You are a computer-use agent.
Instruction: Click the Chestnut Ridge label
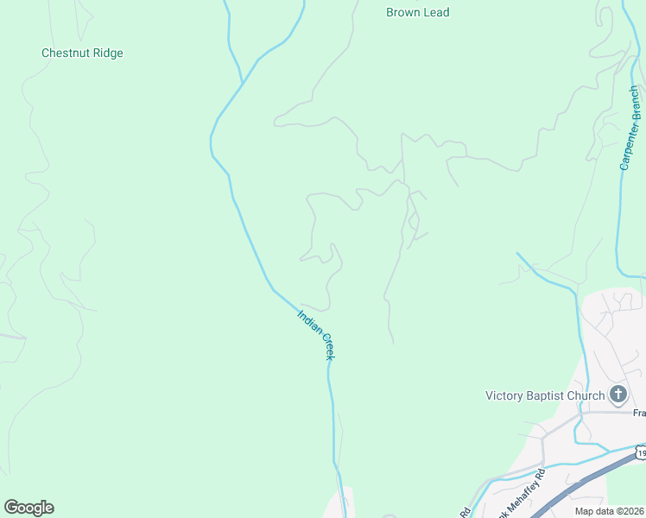[x=82, y=54]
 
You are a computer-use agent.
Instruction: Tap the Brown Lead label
[x=418, y=13]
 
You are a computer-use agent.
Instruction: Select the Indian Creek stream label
[x=316, y=335]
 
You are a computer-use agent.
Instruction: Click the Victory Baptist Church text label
[x=545, y=396]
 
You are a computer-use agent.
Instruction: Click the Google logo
[x=28, y=508]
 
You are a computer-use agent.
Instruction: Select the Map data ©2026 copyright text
[x=609, y=511]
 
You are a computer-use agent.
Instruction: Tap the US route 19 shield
[x=640, y=452]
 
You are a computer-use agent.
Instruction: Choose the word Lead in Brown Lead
[x=437, y=13]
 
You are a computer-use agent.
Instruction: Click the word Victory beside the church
[x=503, y=396]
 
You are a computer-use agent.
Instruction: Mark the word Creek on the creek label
[x=327, y=348]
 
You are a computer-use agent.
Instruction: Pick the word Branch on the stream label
[x=636, y=102]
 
